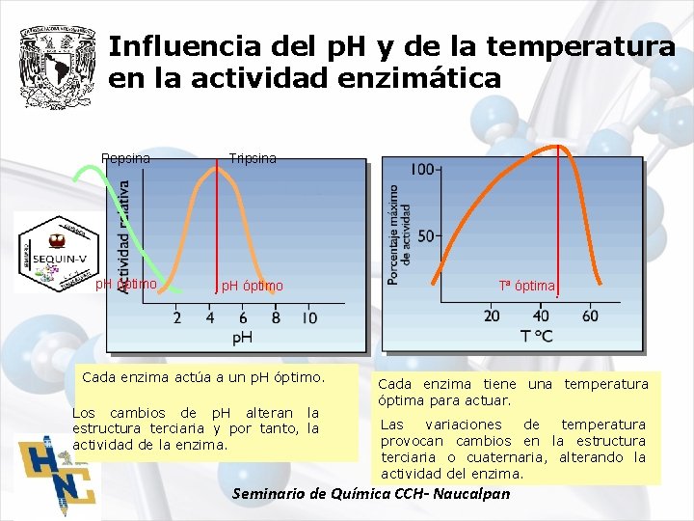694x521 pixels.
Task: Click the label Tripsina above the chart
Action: click(253, 158)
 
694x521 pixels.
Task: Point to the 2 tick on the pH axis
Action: click(176, 317)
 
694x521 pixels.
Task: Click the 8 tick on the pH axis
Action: click(276, 317)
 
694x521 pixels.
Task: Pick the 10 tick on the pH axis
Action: click(309, 317)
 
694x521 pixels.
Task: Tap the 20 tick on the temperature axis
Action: click(492, 315)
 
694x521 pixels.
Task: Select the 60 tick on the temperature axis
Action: click(590, 315)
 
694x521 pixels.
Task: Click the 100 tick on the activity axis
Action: click(422, 170)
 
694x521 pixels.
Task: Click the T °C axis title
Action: click(537, 336)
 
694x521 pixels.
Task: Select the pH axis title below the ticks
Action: click(243, 337)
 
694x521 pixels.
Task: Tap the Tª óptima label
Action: click(526, 286)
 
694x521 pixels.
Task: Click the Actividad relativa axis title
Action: click(123, 236)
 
